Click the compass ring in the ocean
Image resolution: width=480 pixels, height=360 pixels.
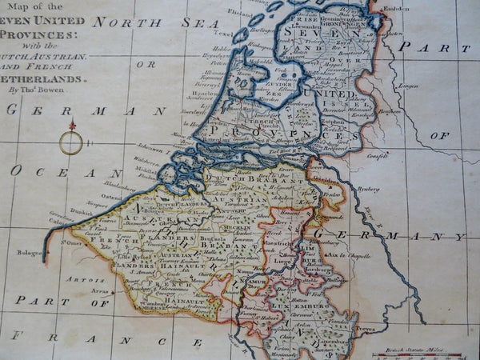click(70, 143)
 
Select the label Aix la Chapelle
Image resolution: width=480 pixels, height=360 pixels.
click(358, 254)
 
